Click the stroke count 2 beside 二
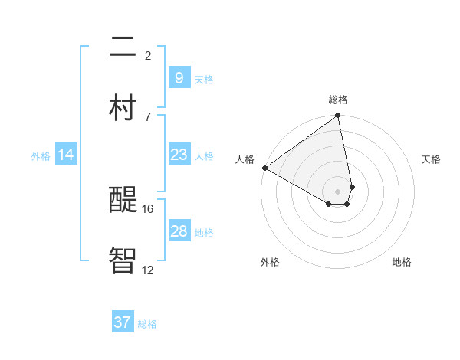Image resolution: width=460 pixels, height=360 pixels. [x=148, y=55]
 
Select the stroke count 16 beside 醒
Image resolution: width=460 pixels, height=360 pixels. [x=149, y=208]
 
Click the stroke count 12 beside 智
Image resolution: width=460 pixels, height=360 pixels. [x=149, y=270]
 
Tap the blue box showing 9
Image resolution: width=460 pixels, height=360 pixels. [x=179, y=78]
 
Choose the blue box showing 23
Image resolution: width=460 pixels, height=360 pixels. [x=179, y=155]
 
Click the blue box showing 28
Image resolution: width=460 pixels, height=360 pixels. [x=179, y=231]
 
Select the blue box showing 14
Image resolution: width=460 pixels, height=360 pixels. [x=66, y=155]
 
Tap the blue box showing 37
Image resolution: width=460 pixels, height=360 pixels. [x=122, y=322]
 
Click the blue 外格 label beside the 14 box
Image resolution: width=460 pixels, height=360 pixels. [x=41, y=156]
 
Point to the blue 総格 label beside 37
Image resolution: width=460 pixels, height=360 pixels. [x=147, y=324]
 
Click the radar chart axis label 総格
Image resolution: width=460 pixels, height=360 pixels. [x=338, y=100]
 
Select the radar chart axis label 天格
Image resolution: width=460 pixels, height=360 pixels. [x=431, y=159]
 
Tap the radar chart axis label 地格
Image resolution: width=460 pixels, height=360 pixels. [x=402, y=262]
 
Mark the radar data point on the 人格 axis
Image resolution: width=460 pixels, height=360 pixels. [x=264, y=168]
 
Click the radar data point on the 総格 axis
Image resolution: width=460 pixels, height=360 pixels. [x=338, y=116]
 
